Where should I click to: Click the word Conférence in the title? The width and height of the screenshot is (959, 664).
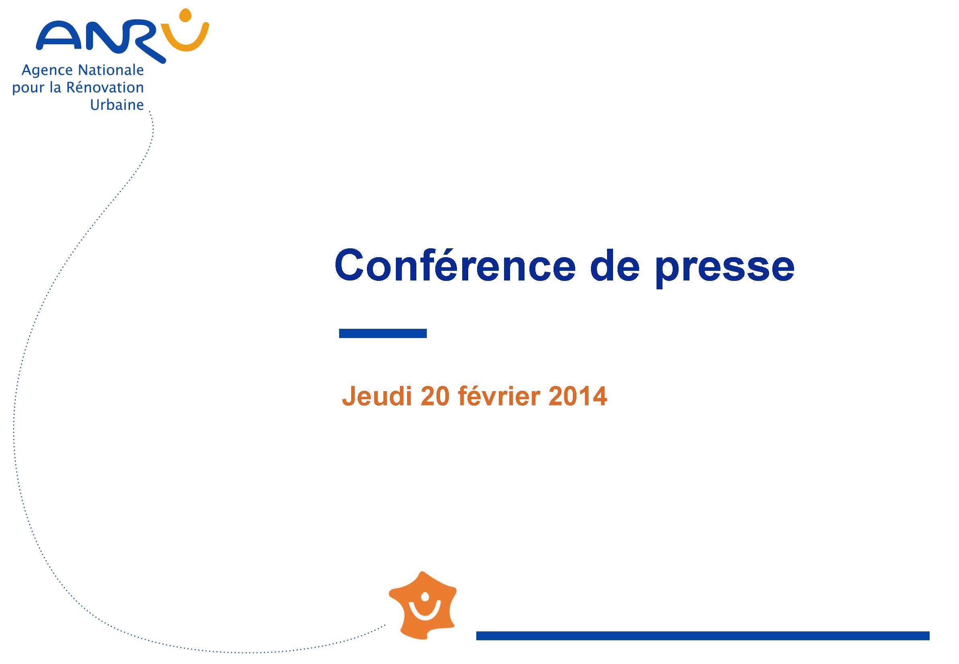pyautogui.click(x=455, y=265)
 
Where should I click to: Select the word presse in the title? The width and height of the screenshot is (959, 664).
pyautogui.click(x=724, y=268)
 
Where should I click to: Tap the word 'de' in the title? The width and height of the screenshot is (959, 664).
pyautogui.click(x=615, y=265)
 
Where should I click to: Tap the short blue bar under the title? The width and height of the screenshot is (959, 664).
pyautogui.click(x=383, y=333)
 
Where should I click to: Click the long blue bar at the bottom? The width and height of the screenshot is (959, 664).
pyautogui.click(x=703, y=636)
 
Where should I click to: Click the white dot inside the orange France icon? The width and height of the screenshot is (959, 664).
pyautogui.click(x=425, y=598)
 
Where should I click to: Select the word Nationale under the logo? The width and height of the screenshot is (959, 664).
pyautogui.click(x=111, y=70)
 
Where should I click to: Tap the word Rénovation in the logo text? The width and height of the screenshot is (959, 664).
pyautogui.click(x=105, y=87)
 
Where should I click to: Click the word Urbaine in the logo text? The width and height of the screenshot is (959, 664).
pyautogui.click(x=117, y=105)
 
